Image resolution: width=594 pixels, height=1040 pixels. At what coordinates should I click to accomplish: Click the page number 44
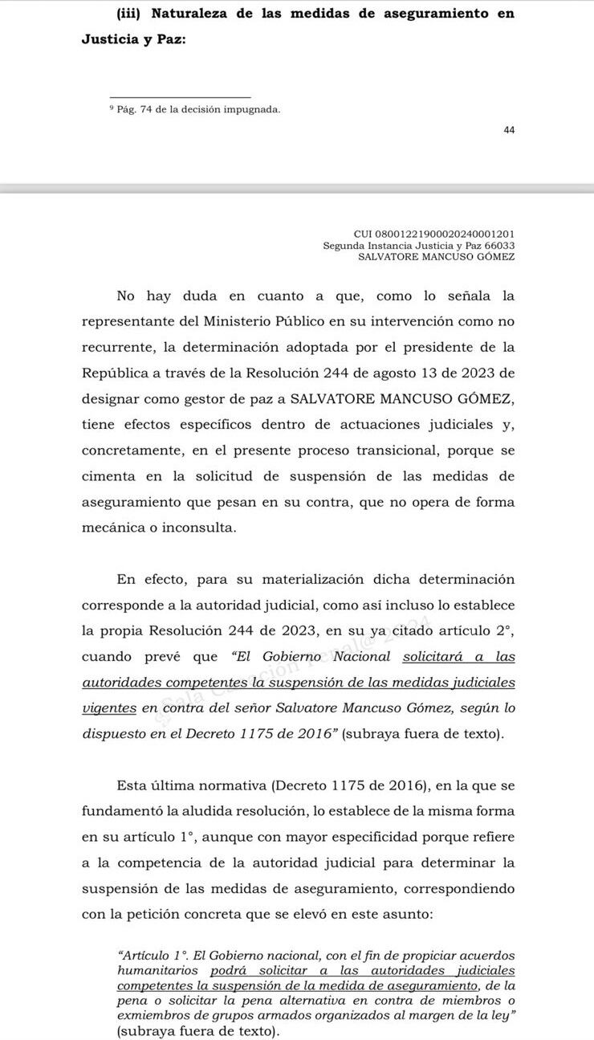coord(509,130)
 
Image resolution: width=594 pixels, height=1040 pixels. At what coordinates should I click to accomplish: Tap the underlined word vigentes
coord(109,708)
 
